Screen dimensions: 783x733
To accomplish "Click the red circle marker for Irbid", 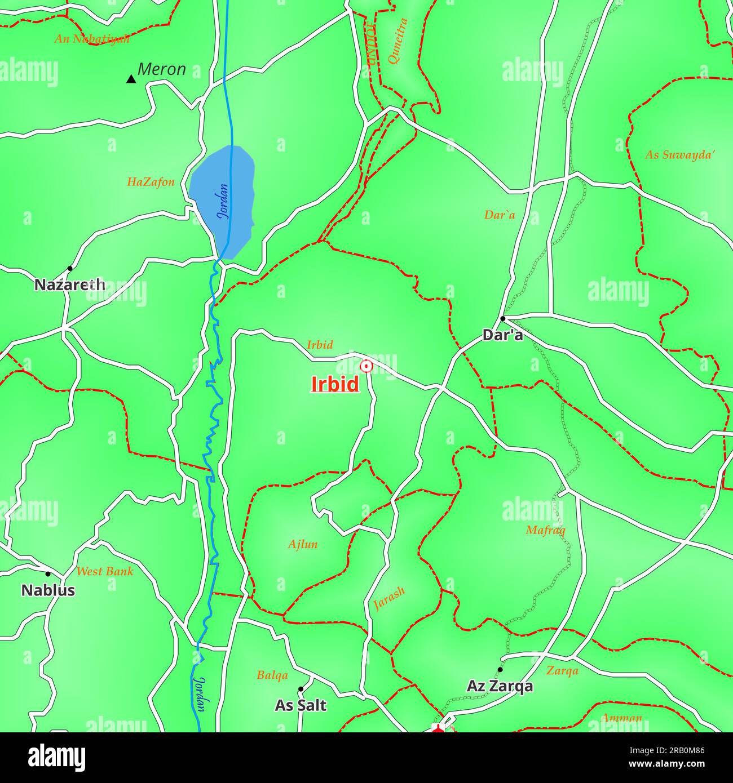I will pyautogui.click(x=366, y=366).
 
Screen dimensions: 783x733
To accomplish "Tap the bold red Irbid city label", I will pyautogui.click(x=335, y=384).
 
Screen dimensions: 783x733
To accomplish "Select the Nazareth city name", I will pyautogui.click(x=70, y=285).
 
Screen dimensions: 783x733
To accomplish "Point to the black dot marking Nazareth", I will pyautogui.click(x=70, y=268).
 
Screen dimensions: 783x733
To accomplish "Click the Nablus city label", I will pyautogui.click(x=48, y=590).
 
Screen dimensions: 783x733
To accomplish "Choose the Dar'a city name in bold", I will pyautogui.click(x=502, y=335).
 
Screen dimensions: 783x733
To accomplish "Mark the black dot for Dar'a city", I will pyautogui.click(x=502, y=318).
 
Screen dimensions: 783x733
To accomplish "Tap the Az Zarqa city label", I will pyautogui.click(x=500, y=686).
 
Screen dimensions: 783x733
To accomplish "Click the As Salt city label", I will pyautogui.click(x=301, y=705).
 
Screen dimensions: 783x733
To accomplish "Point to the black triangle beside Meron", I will pyautogui.click(x=131, y=79).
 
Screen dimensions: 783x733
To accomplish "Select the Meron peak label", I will pyautogui.click(x=162, y=69).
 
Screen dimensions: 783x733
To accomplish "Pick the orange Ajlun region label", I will pyautogui.click(x=303, y=544).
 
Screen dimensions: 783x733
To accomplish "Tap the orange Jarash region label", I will pyautogui.click(x=389, y=599).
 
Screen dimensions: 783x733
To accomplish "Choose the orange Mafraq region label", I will pyautogui.click(x=545, y=530).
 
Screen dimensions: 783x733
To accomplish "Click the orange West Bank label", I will pyautogui.click(x=105, y=571).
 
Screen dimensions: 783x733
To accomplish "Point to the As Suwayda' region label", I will pyautogui.click(x=680, y=154).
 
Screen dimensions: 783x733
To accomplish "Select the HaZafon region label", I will pyautogui.click(x=151, y=182).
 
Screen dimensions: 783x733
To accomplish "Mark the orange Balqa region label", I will pyautogui.click(x=272, y=675).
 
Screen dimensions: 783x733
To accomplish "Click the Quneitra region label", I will pyautogui.click(x=397, y=41).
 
